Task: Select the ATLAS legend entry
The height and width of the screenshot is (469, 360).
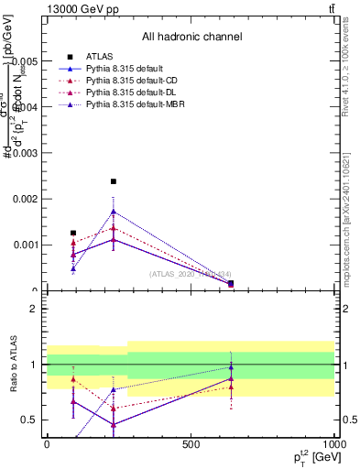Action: point(98,56)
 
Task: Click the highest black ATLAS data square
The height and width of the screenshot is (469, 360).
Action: point(114,181)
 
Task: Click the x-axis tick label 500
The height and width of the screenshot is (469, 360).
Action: point(191,443)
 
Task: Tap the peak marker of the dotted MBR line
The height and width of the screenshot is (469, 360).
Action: point(114,212)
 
